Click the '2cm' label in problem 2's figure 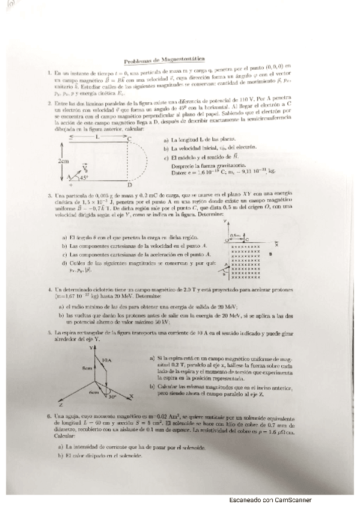(63, 161)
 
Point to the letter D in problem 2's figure (130, 184)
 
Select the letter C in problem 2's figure (130, 139)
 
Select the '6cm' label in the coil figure (94, 392)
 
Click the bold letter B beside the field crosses (271, 254)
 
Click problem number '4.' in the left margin (50, 289)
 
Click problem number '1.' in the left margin (49, 73)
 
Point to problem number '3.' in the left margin (50, 197)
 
